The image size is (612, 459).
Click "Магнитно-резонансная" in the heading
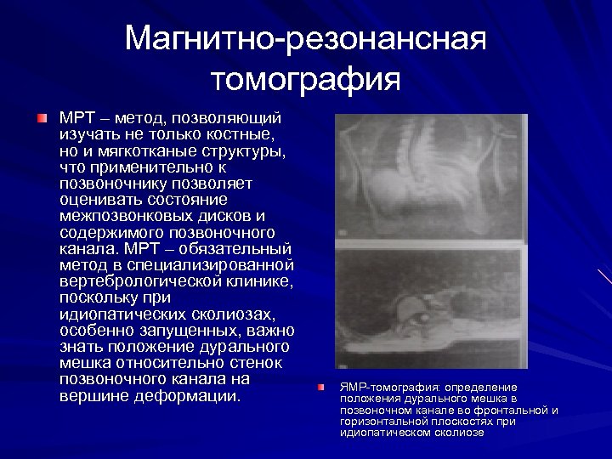(305, 38)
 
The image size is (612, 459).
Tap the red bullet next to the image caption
(320, 388)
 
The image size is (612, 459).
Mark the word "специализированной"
(212, 265)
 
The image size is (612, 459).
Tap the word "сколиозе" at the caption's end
(460, 432)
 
